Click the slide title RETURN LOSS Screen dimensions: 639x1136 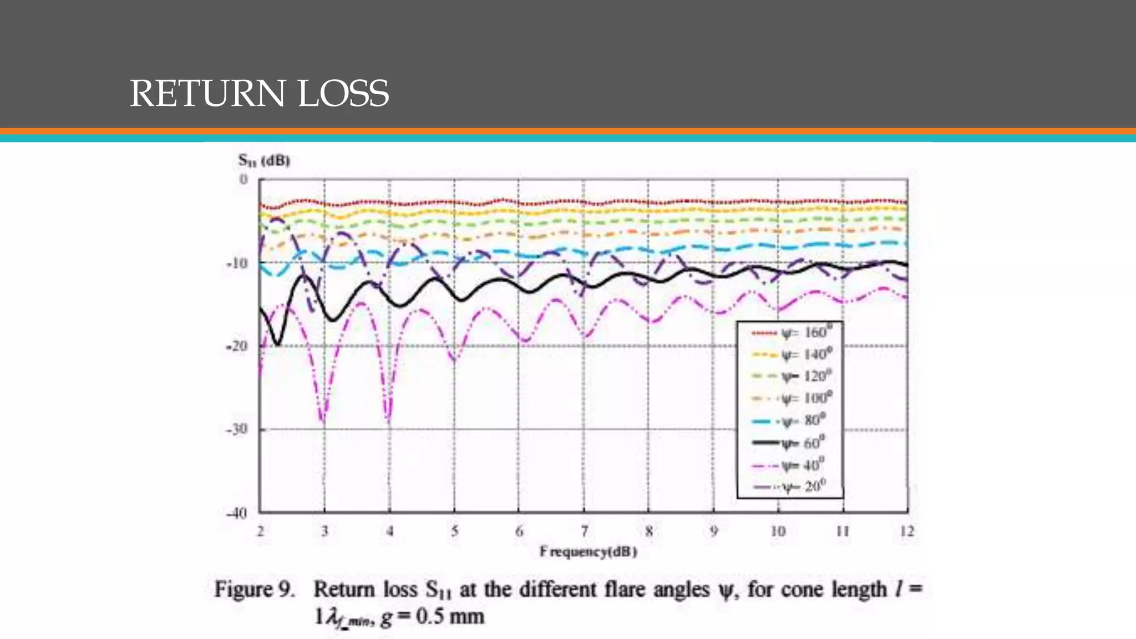[x=259, y=93]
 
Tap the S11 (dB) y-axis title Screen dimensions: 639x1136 [x=264, y=161]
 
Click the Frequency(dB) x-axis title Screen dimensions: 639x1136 [x=588, y=552]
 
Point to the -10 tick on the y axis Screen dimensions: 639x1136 [x=237, y=263]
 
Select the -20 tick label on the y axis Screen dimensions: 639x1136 [x=237, y=346]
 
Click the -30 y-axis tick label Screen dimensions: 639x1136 [x=237, y=429]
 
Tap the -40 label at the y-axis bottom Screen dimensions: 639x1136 [x=237, y=513]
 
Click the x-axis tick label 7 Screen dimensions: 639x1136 [x=584, y=531]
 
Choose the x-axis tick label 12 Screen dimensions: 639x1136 [x=907, y=531]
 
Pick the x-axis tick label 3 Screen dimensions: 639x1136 [x=324, y=531]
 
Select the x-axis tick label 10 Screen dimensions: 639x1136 [x=778, y=531]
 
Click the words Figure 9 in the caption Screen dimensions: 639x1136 [x=254, y=589]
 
